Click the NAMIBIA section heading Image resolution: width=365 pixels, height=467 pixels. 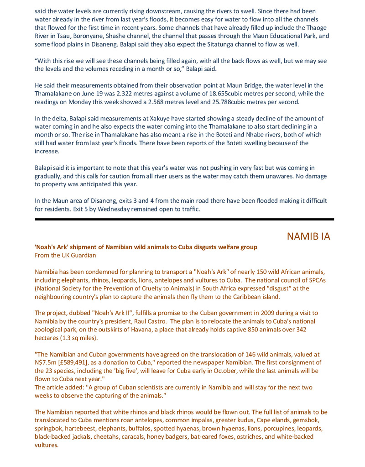(x=308, y=236)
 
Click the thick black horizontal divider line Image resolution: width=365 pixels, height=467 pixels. (x=184, y=220)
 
